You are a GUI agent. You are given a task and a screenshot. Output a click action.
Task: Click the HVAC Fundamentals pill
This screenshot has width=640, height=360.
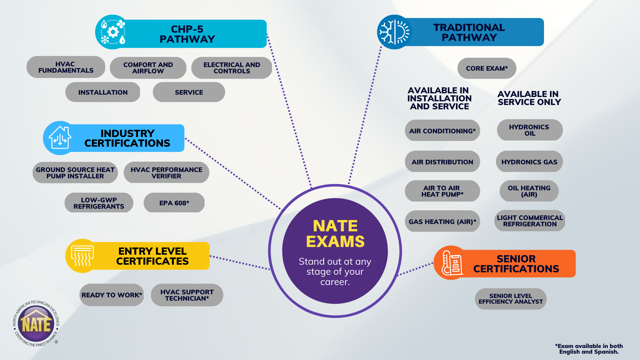click(x=66, y=67)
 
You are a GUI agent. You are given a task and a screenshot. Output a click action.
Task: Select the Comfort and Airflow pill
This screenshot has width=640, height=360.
click(x=148, y=68)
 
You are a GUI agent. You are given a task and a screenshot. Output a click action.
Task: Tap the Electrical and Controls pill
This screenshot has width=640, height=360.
click(x=232, y=68)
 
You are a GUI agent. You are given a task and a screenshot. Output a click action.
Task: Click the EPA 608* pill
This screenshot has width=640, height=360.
click(x=174, y=203)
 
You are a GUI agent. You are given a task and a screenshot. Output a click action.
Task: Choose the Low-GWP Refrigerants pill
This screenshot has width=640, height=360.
click(x=99, y=203)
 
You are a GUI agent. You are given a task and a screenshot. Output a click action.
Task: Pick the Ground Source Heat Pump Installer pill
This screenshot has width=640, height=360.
click(x=75, y=173)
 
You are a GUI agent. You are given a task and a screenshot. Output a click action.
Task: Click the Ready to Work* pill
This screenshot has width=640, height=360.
click(x=112, y=295)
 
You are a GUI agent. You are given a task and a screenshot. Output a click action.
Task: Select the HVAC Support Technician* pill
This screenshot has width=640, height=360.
click(x=187, y=295)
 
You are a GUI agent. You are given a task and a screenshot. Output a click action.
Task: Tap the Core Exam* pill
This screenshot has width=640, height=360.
click(x=487, y=68)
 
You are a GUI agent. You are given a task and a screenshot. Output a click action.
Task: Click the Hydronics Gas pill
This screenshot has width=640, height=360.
click(x=529, y=162)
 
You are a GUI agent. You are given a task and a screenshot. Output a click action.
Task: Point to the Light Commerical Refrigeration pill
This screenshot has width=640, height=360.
click(x=530, y=221)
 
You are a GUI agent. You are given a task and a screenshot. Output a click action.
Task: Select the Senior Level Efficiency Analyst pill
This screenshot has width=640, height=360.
click(x=511, y=299)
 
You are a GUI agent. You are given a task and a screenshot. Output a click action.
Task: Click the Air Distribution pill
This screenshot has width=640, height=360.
click(x=442, y=162)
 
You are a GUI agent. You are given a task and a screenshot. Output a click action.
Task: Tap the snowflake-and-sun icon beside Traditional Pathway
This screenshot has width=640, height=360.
click(x=394, y=32)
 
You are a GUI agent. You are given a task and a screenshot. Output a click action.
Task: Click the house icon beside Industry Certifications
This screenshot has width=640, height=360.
click(x=60, y=138)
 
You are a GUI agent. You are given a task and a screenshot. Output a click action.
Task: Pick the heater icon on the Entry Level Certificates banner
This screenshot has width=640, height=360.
click(x=82, y=256)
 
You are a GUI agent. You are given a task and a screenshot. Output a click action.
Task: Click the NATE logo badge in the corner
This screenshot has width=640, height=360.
click(x=36, y=323)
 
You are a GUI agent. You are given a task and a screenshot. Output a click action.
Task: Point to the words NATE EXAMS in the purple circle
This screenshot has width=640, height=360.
click(x=335, y=234)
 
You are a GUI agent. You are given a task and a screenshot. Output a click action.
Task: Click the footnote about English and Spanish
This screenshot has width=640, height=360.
click(x=589, y=349)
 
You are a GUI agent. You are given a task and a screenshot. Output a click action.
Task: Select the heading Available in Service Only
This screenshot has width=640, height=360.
click(x=529, y=98)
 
